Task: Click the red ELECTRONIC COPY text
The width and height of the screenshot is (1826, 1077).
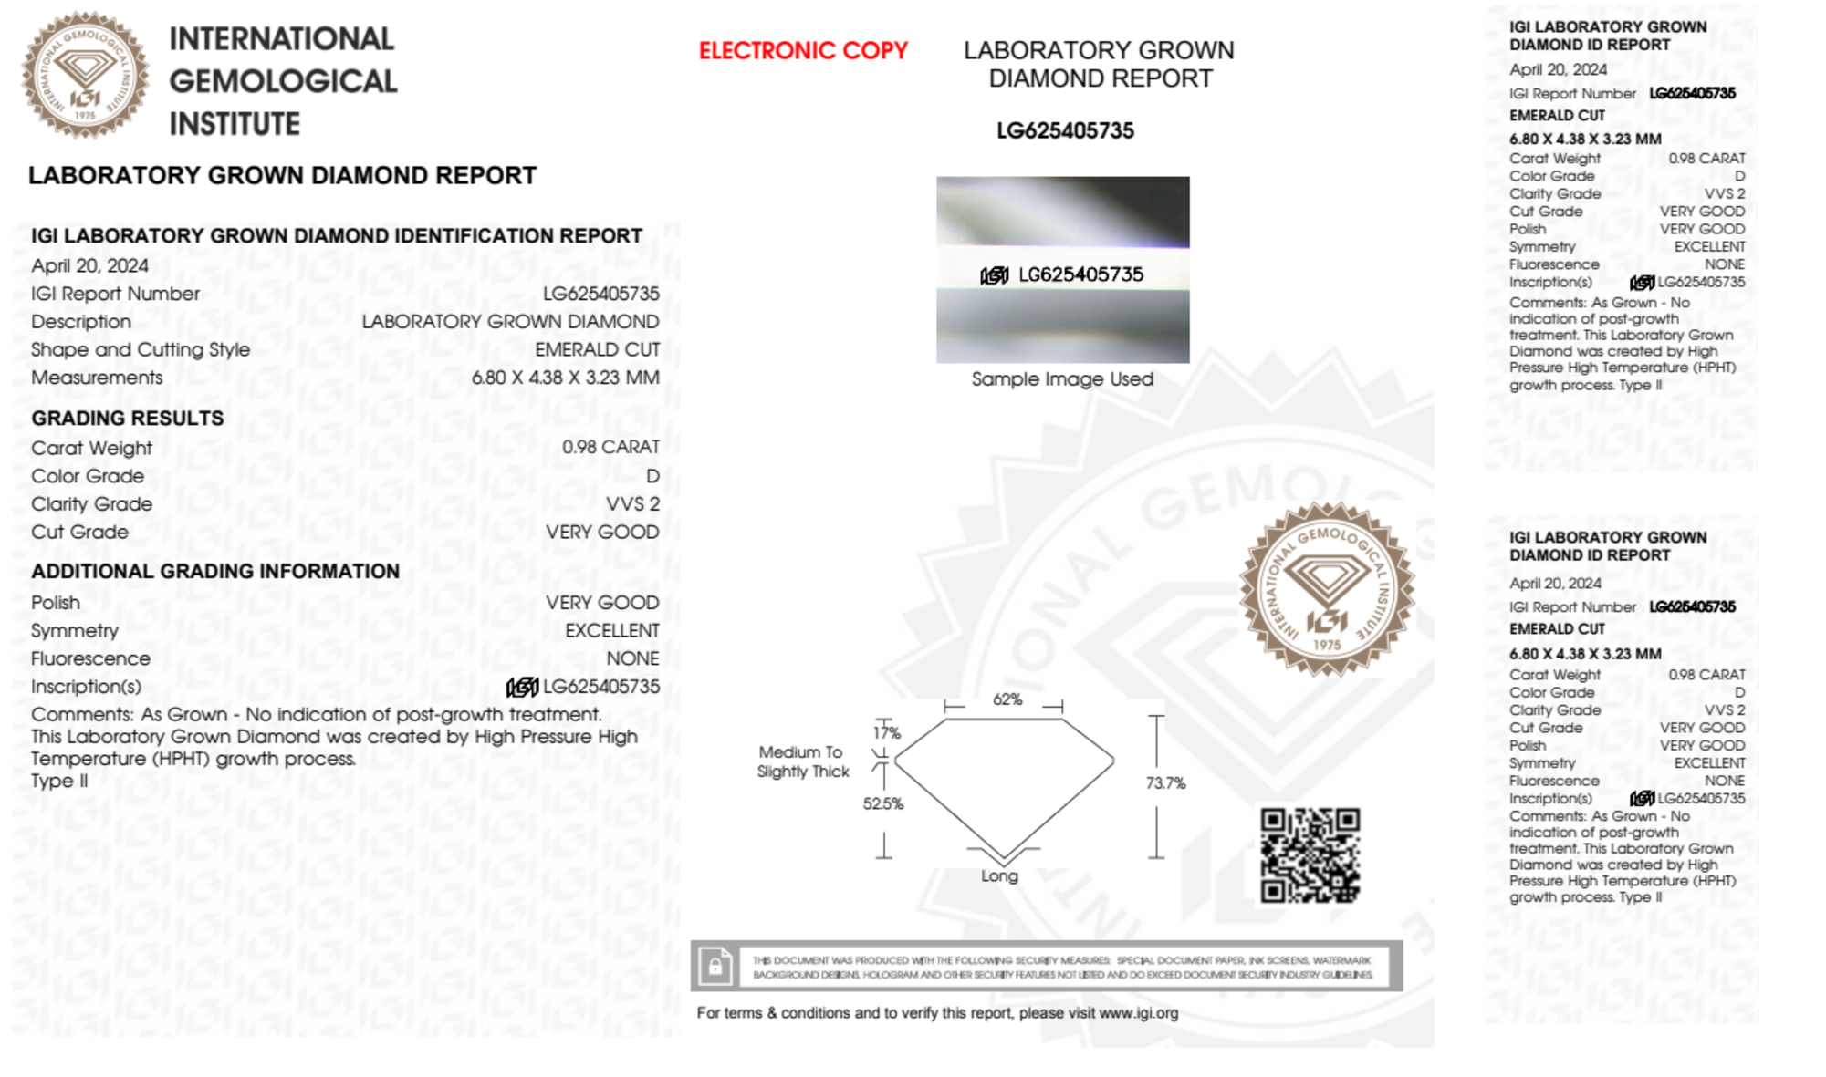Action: click(803, 51)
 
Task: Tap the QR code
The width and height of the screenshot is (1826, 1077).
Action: click(1310, 855)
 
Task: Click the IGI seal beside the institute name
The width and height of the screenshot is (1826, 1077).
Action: click(86, 76)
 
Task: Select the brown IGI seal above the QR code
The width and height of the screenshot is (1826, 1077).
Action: click(1327, 589)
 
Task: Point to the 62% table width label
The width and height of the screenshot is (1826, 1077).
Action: click(1007, 699)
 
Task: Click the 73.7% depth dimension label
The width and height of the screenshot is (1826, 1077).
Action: click(1165, 783)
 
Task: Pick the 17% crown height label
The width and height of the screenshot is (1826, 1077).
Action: click(886, 732)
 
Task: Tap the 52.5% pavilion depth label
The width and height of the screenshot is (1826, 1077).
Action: click(882, 803)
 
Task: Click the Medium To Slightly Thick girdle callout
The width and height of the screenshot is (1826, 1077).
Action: click(802, 761)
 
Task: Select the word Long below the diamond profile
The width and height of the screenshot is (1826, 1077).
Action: click(999, 875)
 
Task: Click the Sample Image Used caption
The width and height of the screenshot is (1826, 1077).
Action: click(1062, 379)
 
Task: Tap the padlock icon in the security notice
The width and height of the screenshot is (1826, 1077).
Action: click(715, 966)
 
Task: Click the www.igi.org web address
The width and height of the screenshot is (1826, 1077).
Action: click(1138, 1013)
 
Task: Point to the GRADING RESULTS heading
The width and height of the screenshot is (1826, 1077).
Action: click(128, 419)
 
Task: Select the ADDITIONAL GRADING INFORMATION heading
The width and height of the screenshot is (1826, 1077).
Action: click(215, 572)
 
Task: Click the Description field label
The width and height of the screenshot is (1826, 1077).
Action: click(81, 322)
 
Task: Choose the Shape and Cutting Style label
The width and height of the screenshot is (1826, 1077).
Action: click(141, 350)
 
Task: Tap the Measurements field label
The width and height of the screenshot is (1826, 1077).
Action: click(97, 378)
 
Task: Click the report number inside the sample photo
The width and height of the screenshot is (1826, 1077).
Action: click(1080, 274)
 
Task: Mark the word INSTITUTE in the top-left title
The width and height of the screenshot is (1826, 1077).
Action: click(235, 124)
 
